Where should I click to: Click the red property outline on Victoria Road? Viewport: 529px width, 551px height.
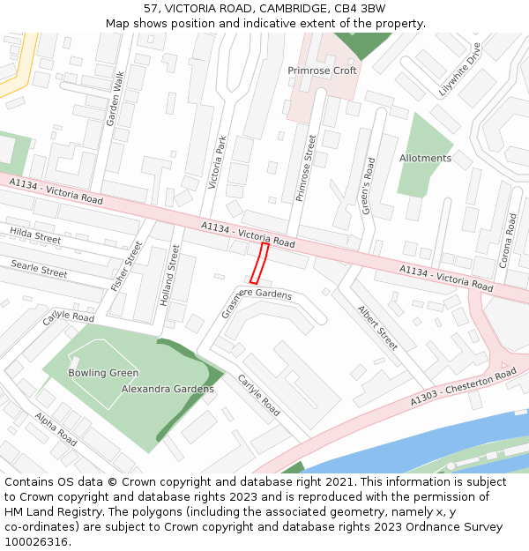coord(259,264)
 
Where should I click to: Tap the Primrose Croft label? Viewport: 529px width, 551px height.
coord(322,71)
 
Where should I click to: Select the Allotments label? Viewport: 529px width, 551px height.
coord(425,159)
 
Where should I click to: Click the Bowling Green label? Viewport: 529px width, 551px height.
coord(103,373)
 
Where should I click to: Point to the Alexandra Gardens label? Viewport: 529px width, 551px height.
coord(168,389)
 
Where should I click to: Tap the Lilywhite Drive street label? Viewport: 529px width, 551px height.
coord(460,69)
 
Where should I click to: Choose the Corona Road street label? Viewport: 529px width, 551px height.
coord(509,240)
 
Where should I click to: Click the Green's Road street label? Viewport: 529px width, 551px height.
coord(368,186)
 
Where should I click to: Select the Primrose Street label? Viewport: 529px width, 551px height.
coord(305,168)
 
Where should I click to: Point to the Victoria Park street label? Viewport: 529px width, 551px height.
coord(217,162)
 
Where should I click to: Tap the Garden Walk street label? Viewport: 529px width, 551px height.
coord(115,98)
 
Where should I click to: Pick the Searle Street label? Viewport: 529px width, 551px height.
coord(39,269)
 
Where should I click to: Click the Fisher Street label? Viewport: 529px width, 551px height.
coord(127,267)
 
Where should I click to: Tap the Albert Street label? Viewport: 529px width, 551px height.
coord(377,326)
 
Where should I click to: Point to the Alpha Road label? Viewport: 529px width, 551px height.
coord(56,428)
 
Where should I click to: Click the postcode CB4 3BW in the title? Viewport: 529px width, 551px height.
coord(359,8)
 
